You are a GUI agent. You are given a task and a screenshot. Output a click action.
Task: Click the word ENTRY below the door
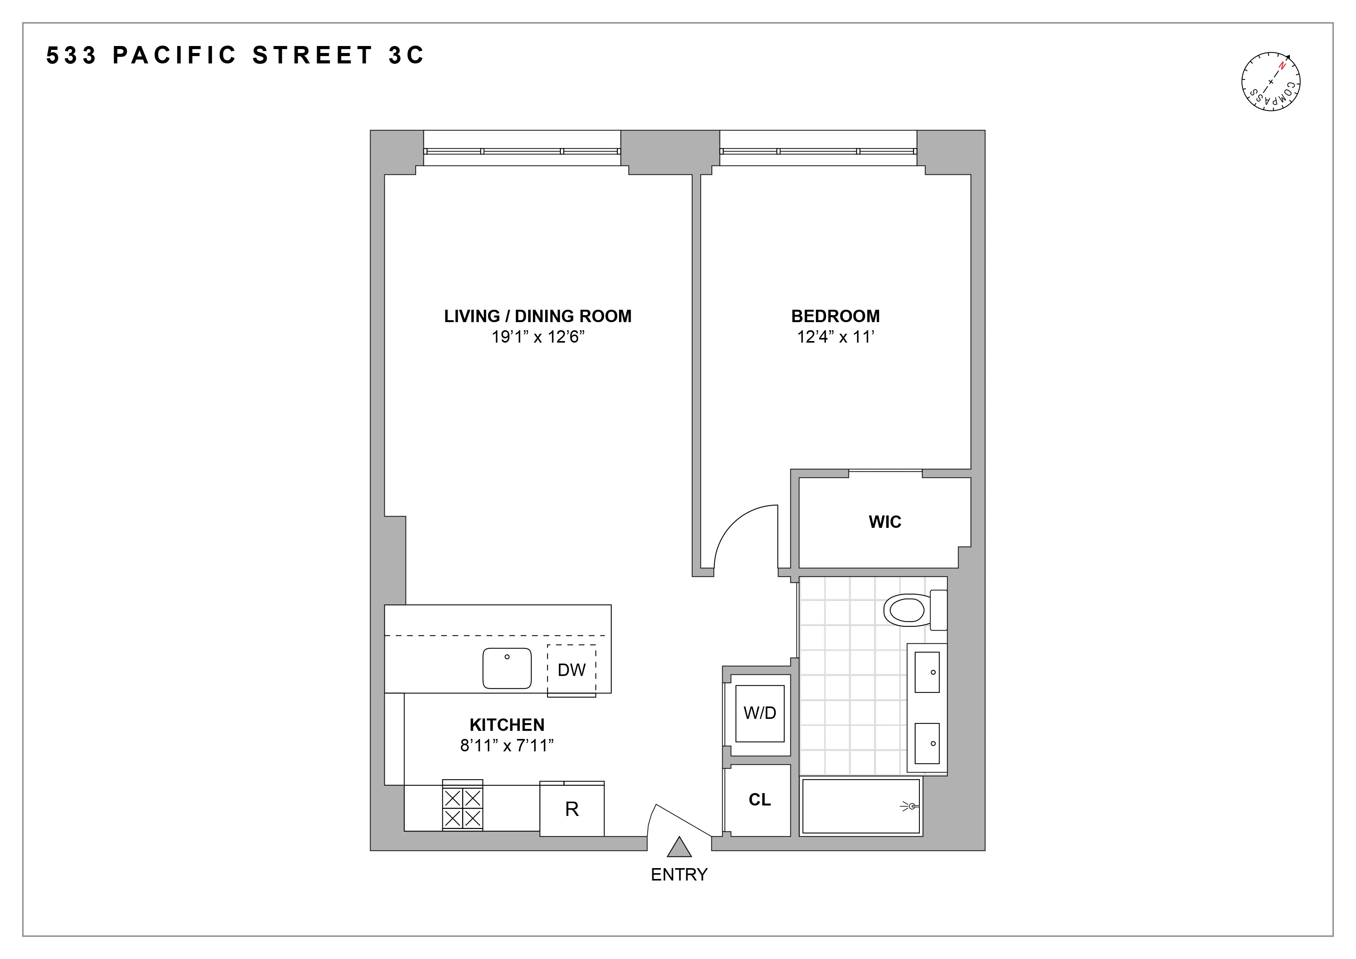coord(679,875)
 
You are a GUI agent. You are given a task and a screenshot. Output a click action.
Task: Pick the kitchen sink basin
coord(507,668)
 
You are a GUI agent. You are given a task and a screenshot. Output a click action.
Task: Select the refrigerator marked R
coord(572,809)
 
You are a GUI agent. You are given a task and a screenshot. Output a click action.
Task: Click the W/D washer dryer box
coord(759,713)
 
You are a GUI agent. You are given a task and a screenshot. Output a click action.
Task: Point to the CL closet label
coord(759,800)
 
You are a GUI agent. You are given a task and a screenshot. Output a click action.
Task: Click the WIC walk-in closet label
coord(885,522)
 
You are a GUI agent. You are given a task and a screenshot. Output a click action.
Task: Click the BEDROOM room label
coord(835,316)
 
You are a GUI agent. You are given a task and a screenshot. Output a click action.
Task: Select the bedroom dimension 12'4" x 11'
coord(835,337)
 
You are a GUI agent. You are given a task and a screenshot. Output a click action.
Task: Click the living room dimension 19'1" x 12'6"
coord(537,337)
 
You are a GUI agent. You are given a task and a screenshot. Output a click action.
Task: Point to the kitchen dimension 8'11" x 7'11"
coord(507,746)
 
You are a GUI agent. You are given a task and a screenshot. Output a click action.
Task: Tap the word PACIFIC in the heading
coord(175,55)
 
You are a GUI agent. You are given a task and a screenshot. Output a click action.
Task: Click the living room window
coord(522,151)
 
